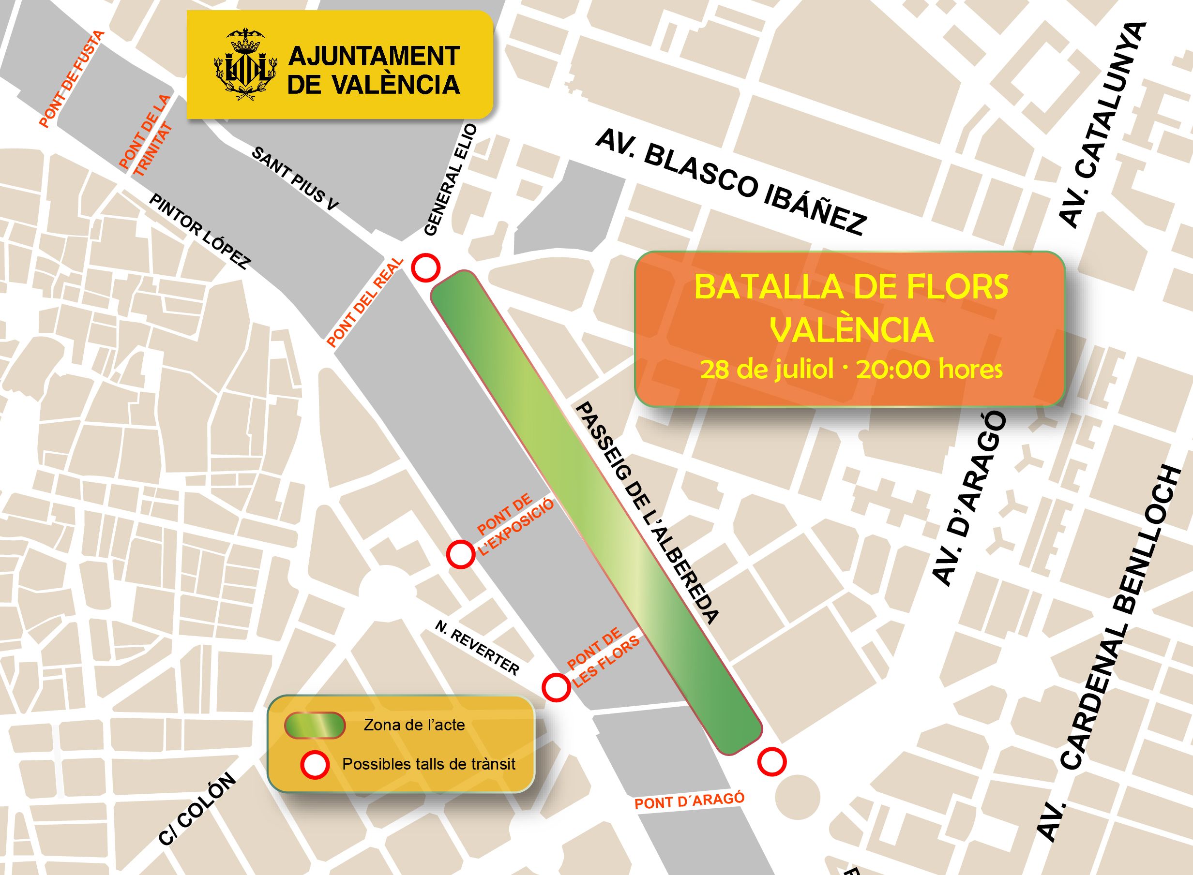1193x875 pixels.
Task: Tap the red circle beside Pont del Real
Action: [426, 268]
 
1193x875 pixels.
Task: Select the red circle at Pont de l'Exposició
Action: [460, 555]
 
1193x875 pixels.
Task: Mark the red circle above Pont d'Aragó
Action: [771, 762]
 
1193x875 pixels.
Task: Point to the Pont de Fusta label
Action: [72, 79]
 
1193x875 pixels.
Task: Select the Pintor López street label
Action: [200, 232]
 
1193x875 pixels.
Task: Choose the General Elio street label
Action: [451, 180]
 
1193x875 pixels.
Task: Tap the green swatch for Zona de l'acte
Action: [315, 725]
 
